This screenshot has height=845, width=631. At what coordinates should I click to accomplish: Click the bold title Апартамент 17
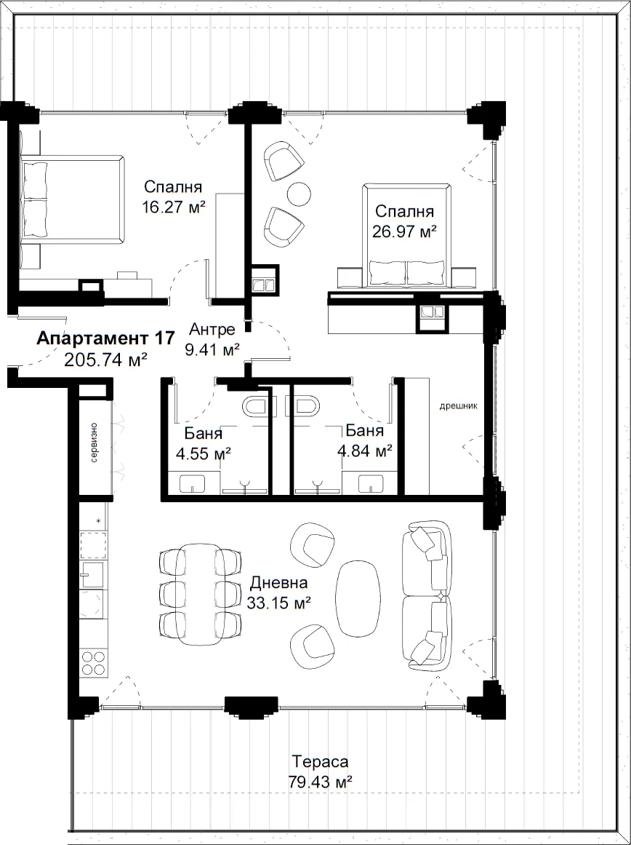point(105,338)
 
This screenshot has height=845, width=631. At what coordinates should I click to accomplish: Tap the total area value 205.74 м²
point(105,360)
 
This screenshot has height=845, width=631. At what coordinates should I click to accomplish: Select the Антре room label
point(212,329)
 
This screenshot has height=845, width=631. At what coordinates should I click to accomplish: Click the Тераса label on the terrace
point(321,761)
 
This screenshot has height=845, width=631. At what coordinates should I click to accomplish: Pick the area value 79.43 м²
point(321,782)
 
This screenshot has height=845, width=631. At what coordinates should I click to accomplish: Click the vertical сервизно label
point(95,443)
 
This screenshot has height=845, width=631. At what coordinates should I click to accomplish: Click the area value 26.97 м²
point(404,231)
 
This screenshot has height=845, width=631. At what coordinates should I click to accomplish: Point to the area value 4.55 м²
point(204,452)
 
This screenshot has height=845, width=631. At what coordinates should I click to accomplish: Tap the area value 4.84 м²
point(364,451)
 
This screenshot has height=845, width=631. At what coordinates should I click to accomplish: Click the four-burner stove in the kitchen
point(93,663)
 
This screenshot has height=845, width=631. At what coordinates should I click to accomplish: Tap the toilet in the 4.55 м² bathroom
point(257,407)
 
